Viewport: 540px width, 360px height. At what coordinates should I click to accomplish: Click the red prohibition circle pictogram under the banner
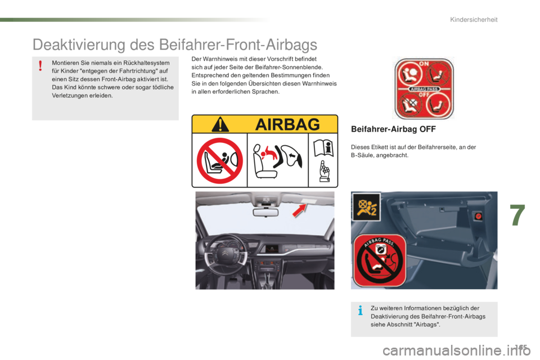(x=219, y=161)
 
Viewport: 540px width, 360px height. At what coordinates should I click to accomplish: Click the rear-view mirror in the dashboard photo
(x=265, y=212)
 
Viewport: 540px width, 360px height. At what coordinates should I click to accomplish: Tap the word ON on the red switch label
(x=424, y=63)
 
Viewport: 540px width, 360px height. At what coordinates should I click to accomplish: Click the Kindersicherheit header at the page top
(x=474, y=21)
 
